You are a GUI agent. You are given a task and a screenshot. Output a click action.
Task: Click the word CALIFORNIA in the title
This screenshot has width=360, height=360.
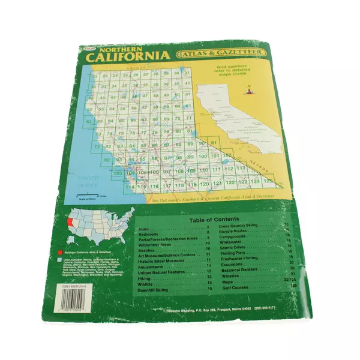point(128,58)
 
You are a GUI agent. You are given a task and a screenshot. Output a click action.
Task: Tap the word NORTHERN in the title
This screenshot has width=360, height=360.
point(124,48)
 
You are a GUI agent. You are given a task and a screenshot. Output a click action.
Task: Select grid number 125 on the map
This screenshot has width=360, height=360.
point(268,180)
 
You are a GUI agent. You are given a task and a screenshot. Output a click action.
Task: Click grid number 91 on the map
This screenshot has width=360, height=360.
point(214,142)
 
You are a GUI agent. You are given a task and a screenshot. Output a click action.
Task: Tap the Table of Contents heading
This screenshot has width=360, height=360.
point(214,220)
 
